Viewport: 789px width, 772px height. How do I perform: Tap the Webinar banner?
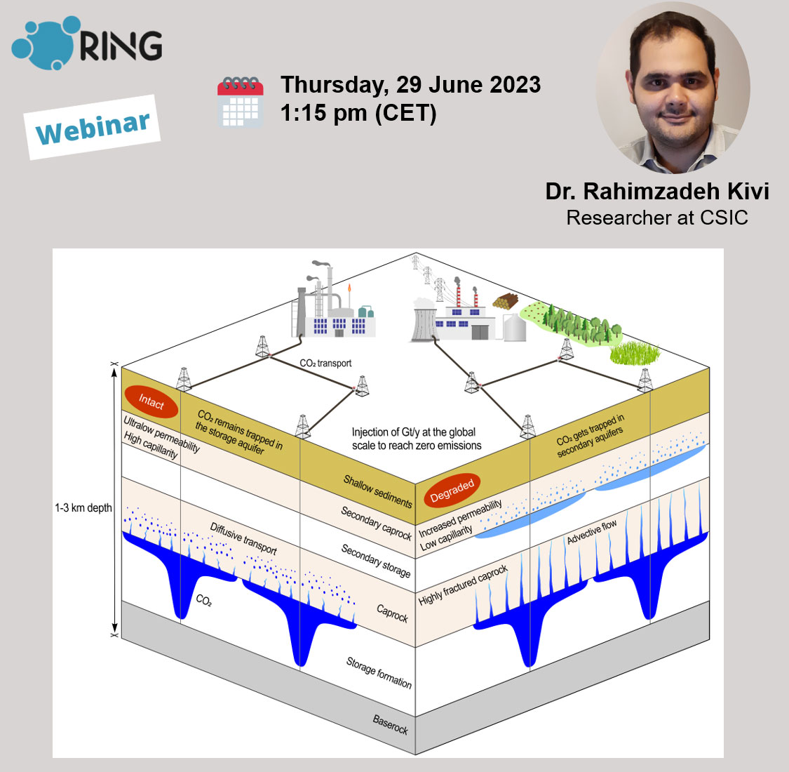click(x=93, y=127)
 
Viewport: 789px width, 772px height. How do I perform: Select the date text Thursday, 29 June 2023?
click(x=410, y=86)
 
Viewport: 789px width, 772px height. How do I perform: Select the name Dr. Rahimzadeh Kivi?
click(x=657, y=192)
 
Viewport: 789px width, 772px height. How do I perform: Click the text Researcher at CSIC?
click(x=657, y=218)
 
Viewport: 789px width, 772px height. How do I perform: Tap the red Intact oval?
click(x=151, y=401)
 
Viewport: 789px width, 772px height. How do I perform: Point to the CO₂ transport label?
click(x=325, y=363)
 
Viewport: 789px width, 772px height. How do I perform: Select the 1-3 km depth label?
click(x=83, y=507)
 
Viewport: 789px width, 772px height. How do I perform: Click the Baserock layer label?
click(x=391, y=724)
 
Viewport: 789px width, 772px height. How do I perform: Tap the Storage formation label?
click(x=379, y=672)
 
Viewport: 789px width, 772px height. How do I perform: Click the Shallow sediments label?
click(x=377, y=491)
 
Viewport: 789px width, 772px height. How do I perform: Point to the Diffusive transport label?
click(x=243, y=538)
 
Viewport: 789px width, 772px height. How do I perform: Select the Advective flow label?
click(x=592, y=531)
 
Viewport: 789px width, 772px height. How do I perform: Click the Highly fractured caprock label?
click(x=463, y=585)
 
